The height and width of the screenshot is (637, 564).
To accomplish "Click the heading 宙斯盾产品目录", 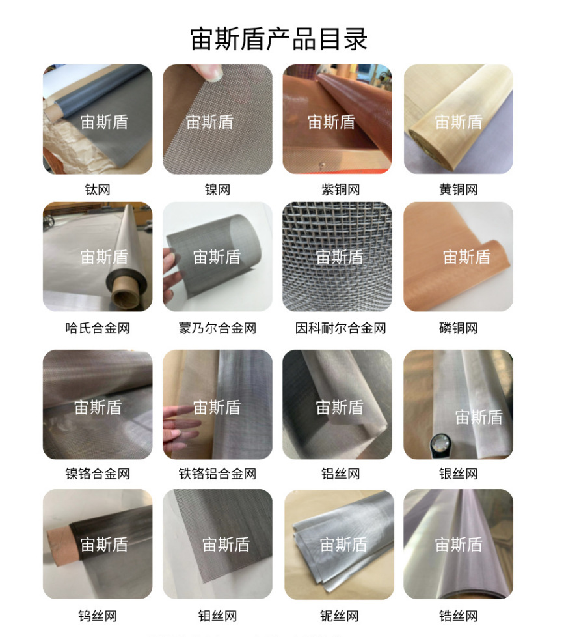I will tap(279, 38).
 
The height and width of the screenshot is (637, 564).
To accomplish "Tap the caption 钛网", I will tap(98, 190).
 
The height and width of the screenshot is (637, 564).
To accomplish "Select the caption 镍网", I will tap(217, 190).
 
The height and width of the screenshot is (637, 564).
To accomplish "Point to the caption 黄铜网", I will tap(458, 190).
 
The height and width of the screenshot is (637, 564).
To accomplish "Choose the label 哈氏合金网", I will tap(98, 328).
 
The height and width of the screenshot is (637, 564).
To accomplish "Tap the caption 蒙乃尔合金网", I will tap(217, 328).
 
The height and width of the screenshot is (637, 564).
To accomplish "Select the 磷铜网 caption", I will tap(458, 328).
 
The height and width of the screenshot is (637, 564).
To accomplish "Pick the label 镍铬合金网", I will tap(98, 474).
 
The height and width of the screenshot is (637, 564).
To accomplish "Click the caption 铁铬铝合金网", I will tap(217, 474).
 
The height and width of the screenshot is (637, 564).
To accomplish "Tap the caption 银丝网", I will tap(458, 474).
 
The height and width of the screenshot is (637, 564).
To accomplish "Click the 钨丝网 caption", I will tap(98, 616).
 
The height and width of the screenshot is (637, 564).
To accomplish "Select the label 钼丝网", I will tap(217, 616).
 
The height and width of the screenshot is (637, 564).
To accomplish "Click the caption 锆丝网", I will tap(458, 616).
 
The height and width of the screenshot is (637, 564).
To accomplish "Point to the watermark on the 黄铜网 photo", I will tap(458, 122).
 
